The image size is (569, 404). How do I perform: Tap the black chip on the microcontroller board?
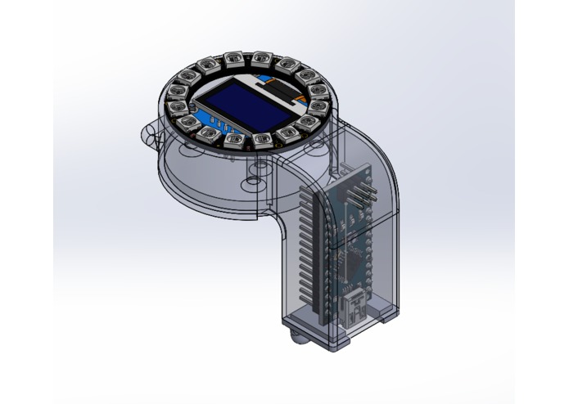click(354, 262)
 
